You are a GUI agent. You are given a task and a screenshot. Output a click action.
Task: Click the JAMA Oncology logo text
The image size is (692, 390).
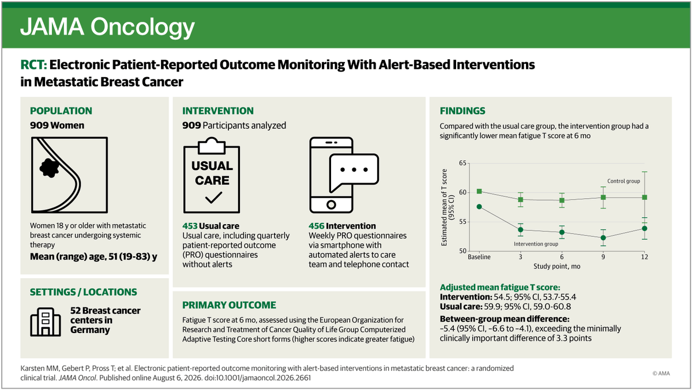(107, 28)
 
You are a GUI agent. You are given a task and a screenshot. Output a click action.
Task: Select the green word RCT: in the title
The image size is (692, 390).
(33, 65)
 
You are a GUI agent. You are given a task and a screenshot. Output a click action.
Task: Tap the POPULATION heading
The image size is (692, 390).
(61, 111)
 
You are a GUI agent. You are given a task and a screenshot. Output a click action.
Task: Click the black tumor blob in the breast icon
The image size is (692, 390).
(49, 168)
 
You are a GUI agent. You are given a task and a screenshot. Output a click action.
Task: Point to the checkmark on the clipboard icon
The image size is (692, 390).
(213, 198)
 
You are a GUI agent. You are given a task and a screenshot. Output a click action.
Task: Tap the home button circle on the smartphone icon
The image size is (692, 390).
(331, 205)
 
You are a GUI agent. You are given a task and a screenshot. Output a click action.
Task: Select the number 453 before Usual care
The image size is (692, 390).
(190, 226)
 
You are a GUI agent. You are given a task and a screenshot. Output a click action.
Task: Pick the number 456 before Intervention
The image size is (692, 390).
(317, 226)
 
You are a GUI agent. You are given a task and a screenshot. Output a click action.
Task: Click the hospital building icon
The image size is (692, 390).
(46, 322)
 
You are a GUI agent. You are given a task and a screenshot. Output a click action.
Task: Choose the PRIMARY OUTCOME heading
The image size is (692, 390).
(229, 305)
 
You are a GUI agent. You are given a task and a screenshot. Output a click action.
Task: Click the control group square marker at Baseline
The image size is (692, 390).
(479, 191)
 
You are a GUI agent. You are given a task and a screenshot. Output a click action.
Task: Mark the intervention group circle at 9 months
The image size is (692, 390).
(603, 237)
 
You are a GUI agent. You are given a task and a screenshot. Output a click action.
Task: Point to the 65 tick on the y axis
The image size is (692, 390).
(462, 163)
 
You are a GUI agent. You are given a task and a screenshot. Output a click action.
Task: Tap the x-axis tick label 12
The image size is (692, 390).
(645, 257)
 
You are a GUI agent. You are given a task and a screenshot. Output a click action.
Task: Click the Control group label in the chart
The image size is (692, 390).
(623, 181)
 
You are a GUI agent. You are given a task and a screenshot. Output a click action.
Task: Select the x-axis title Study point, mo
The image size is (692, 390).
(556, 266)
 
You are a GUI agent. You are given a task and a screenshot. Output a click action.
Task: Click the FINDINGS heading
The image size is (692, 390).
(462, 111)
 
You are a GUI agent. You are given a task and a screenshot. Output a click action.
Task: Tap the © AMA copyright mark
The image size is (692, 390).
(661, 373)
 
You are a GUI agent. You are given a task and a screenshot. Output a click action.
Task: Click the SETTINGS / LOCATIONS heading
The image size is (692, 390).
(84, 292)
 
